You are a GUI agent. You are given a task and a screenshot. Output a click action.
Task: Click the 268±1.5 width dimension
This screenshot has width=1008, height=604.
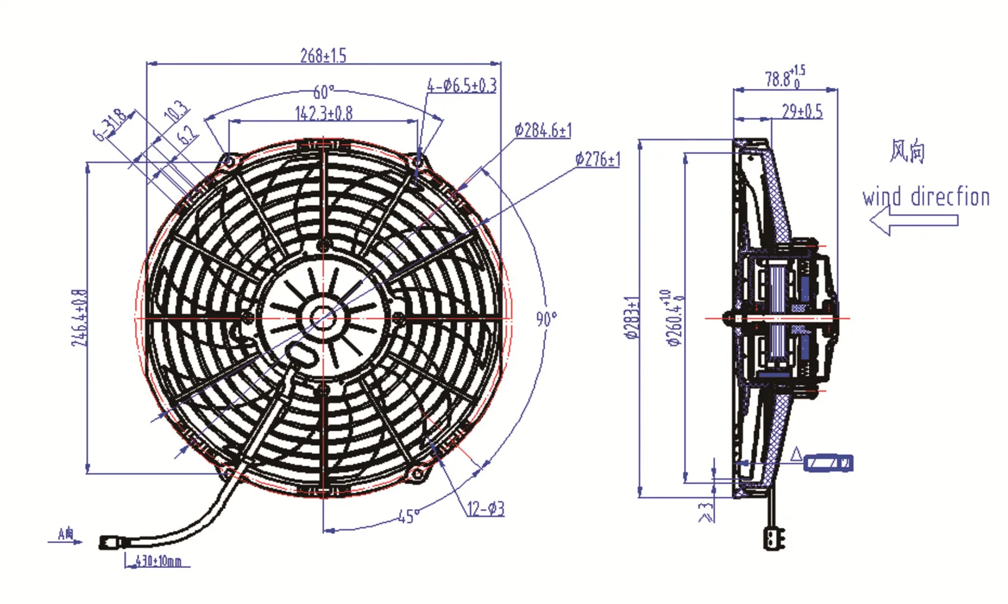tap(323, 56)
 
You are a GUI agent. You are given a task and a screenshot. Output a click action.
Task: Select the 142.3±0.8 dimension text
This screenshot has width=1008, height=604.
tap(323, 113)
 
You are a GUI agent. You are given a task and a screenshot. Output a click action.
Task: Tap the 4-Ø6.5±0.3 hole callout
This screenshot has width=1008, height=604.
tap(462, 86)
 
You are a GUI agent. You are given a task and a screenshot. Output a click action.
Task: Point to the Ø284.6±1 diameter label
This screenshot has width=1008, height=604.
tap(542, 130)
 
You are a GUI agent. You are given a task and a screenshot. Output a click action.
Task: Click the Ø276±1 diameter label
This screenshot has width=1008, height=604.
tap(597, 160)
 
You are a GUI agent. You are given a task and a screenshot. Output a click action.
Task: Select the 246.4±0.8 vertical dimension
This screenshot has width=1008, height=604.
tap(79, 318)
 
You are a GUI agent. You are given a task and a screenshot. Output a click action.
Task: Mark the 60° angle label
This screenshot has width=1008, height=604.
tap(323, 92)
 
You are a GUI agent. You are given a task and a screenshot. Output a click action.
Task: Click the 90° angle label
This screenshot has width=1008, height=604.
tap(546, 319)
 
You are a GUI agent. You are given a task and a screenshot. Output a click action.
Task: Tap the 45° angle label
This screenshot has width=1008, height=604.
tap(408, 516)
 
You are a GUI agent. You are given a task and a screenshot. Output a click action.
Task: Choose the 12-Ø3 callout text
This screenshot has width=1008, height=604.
tap(485, 509)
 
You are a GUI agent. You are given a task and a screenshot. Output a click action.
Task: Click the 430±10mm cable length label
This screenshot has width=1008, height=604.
tap(158, 561)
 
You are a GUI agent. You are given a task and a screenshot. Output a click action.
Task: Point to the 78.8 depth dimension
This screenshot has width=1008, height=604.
tap(784, 78)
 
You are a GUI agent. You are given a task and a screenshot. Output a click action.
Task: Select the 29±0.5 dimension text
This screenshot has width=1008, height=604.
tap(802, 112)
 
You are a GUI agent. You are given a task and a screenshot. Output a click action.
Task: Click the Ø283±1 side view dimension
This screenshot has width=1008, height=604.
tap(631, 318)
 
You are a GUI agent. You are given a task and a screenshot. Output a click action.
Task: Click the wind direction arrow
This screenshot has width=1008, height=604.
tap(912, 220)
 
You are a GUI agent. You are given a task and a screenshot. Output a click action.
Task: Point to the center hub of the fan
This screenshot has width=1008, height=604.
tap(323, 318)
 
